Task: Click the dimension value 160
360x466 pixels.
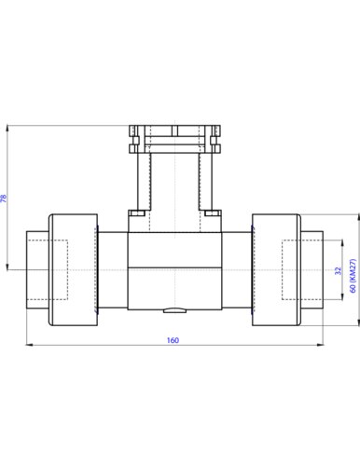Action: coord(173,340)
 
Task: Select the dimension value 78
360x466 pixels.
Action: coord(4,199)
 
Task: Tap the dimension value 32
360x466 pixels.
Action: coord(339,270)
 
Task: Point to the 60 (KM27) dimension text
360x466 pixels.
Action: coord(353,276)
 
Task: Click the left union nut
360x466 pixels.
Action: coord(74,269)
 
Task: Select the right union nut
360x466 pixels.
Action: coord(276,269)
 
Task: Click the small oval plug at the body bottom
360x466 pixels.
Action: coord(174,310)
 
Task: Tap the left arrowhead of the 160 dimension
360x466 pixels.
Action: coord(29,345)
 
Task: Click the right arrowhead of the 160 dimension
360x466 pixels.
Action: coord(320,345)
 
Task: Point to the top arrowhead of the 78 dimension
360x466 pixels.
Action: coord(7,129)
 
